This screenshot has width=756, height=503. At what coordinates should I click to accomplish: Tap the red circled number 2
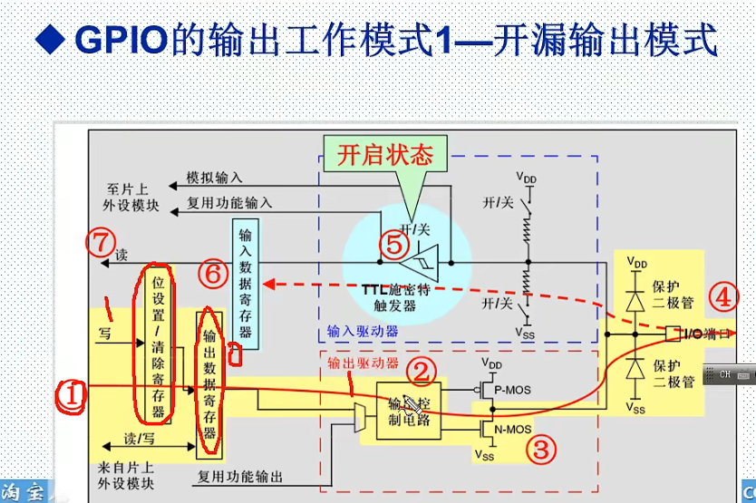click(420, 370)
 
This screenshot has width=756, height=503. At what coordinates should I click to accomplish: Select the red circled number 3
click(540, 449)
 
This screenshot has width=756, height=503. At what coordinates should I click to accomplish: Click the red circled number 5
click(391, 244)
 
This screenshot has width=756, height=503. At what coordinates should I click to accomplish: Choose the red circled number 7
click(100, 242)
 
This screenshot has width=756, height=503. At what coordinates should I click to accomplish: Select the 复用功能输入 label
click(229, 203)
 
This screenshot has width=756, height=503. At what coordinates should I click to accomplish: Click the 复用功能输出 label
click(239, 476)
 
